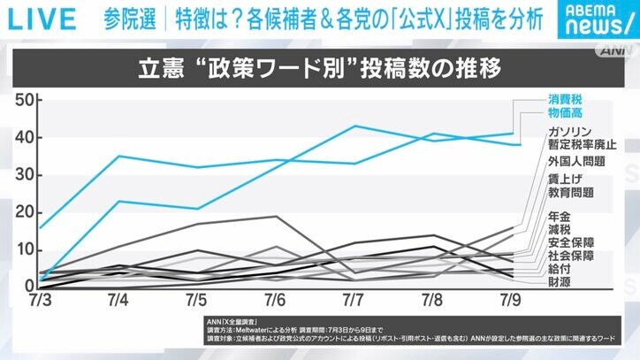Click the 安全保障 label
[x=570, y=241]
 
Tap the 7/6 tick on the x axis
[x=275, y=303]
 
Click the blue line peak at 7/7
[x=354, y=126]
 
